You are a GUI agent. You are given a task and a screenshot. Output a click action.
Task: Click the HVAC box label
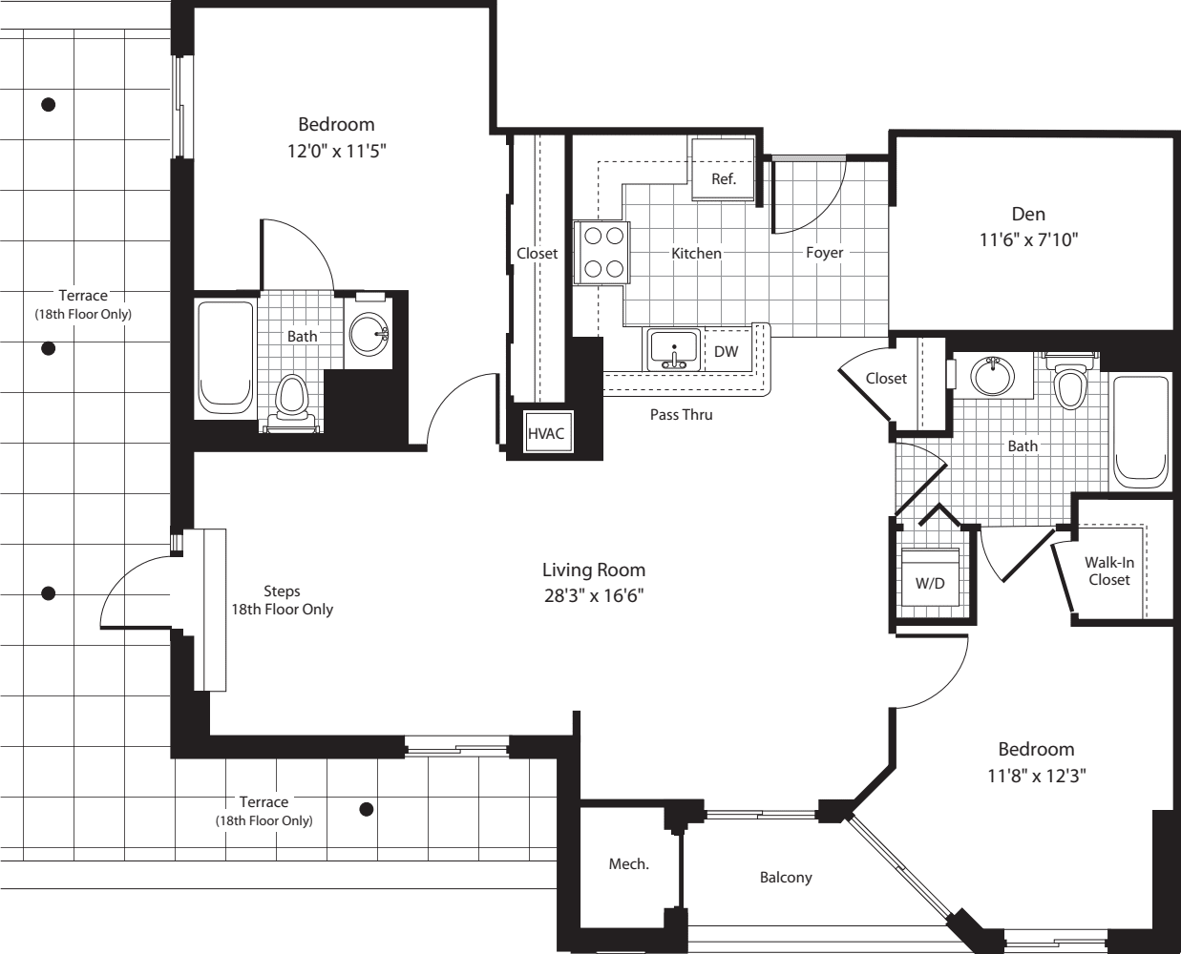[x=546, y=433]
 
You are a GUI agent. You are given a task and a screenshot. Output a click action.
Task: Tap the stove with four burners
[x=602, y=253]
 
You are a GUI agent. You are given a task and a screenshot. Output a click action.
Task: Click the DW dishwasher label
[x=727, y=351]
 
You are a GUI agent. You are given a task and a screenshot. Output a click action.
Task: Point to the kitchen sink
[x=674, y=349]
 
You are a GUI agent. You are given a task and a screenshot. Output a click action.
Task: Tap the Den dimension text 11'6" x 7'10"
[x=1028, y=239]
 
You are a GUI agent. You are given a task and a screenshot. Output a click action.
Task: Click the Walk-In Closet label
[x=1109, y=571]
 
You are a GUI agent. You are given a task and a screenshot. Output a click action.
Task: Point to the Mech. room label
[x=628, y=864]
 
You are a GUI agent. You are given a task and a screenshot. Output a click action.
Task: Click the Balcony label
[x=786, y=877]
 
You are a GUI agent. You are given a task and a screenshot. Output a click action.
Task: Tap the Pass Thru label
[x=681, y=415]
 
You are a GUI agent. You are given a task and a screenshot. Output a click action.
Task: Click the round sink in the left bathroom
[x=369, y=334]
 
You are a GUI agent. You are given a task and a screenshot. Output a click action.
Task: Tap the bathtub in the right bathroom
[x=1142, y=429]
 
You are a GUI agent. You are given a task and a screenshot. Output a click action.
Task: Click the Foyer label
[x=824, y=253]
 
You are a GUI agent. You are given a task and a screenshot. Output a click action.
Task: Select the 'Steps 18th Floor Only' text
[x=282, y=600]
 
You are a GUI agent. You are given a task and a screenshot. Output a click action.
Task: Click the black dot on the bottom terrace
[x=366, y=810]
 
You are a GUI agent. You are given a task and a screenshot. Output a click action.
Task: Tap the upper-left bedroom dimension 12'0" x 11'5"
[x=336, y=150]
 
